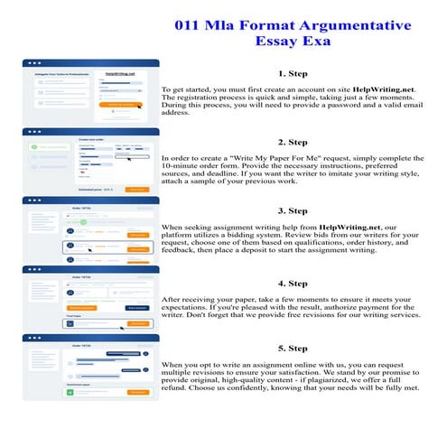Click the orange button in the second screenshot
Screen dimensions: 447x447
coord(135,190)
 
